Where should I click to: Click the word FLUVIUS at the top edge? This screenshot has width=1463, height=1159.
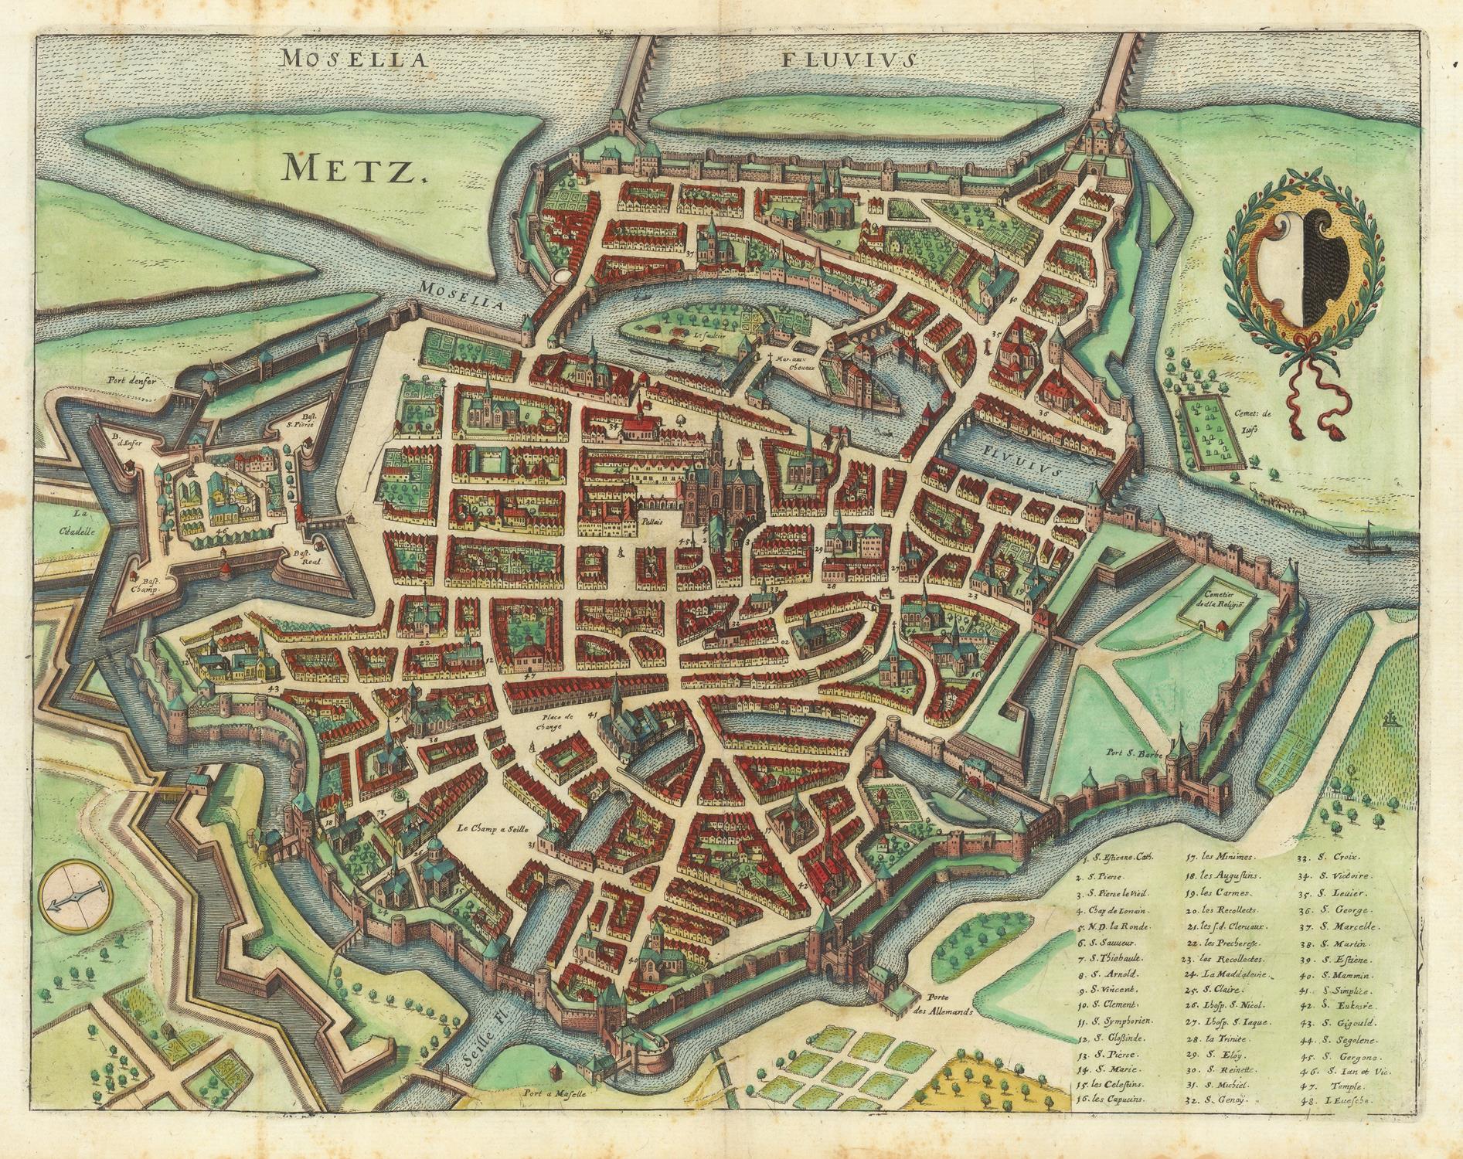(849, 59)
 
